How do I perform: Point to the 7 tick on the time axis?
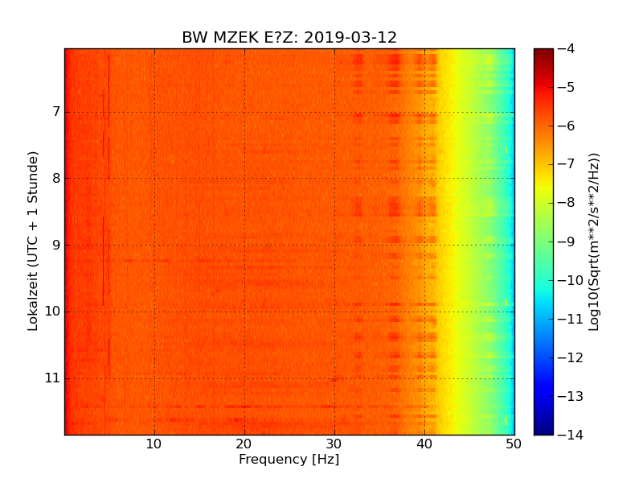click(x=55, y=111)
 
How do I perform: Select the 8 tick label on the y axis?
click(x=55, y=178)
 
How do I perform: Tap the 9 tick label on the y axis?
click(x=55, y=245)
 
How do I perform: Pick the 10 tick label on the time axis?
click(x=51, y=312)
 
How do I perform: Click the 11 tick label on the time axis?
click(x=51, y=378)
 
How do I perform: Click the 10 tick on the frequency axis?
click(x=154, y=444)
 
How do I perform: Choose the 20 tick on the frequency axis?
click(x=244, y=444)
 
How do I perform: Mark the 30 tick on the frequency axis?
click(x=334, y=444)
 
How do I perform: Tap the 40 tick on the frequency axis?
click(x=424, y=444)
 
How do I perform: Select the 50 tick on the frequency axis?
click(x=514, y=444)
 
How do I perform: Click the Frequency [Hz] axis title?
click(x=289, y=460)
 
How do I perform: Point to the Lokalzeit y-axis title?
click(x=33, y=242)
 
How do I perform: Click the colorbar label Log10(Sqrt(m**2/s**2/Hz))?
click(x=595, y=242)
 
